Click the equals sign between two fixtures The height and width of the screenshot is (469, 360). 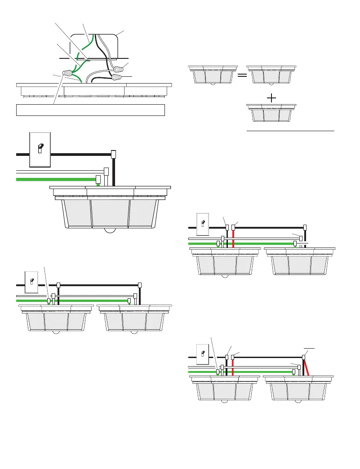[x=242, y=75]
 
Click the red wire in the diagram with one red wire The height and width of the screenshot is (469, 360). [x=233, y=238]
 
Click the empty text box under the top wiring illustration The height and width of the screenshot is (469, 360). [x=90, y=110]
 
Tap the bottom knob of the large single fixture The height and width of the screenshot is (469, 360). [x=110, y=230]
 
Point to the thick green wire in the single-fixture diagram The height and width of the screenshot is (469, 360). [x=54, y=179]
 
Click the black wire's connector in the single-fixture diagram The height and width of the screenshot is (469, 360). [x=113, y=154]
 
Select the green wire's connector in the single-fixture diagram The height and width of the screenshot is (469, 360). [x=98, y=180]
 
